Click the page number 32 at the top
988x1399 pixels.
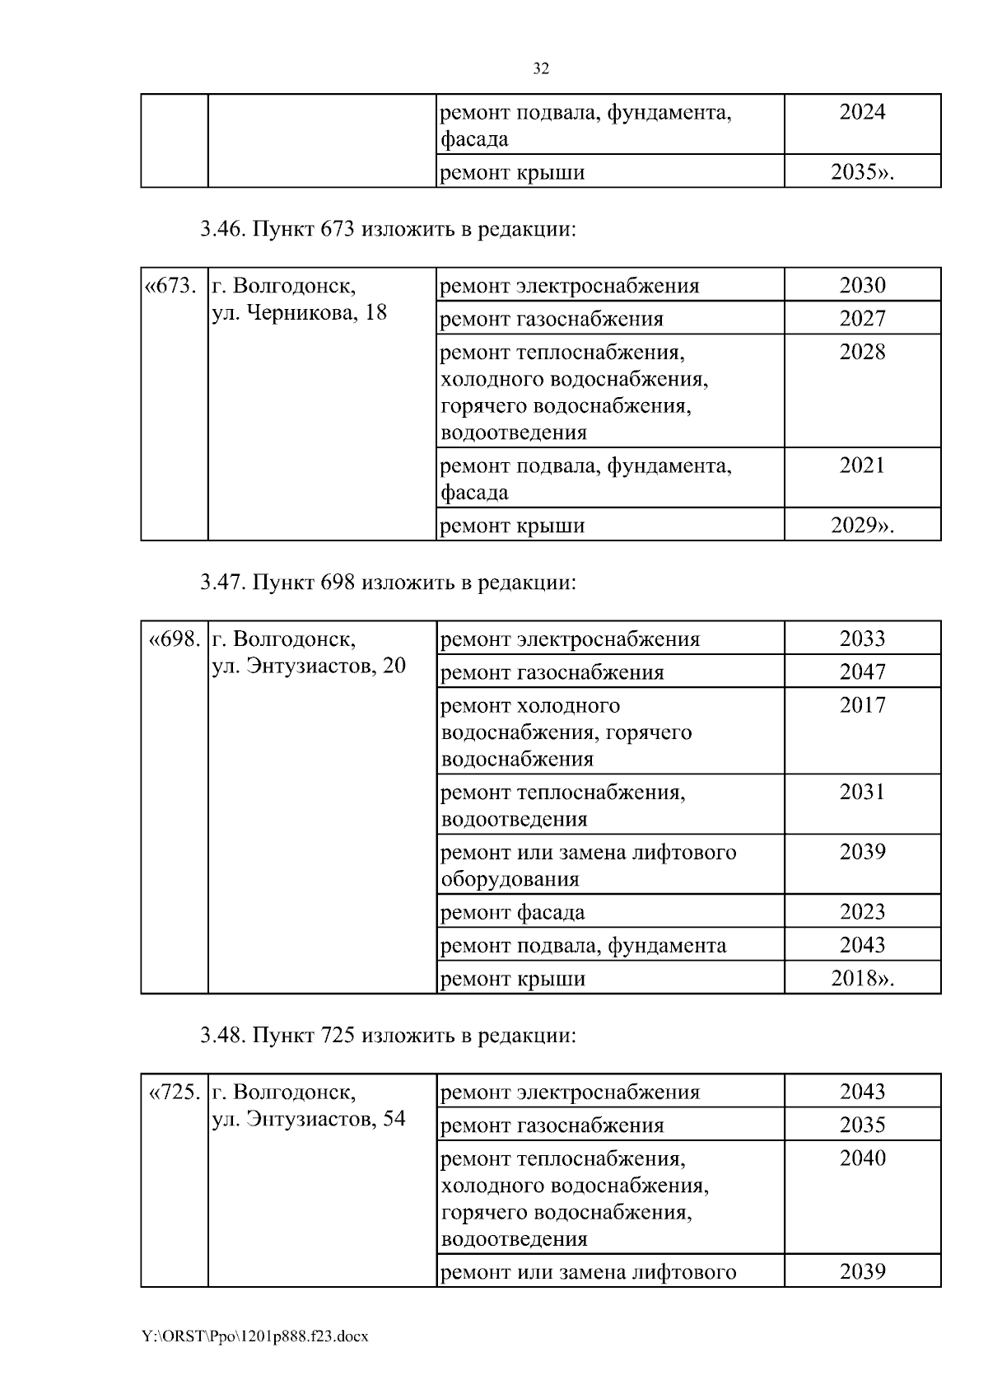(540, 69)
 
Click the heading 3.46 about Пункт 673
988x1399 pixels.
(388, 229)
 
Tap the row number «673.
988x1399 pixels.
(171, 287)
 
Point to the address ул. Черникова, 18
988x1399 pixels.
(300, 313)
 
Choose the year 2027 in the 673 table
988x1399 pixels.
(862, 319)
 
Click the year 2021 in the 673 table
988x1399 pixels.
(862, 466)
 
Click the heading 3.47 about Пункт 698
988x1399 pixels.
(388, 583)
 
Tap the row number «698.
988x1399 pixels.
(174, 639)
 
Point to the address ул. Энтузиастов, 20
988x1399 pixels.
(309, 666)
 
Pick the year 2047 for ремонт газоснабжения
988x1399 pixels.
(862, 672)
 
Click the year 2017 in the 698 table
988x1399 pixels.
(862, 705)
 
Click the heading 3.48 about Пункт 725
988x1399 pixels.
(388, 1035)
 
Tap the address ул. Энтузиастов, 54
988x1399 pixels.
(309, 1119)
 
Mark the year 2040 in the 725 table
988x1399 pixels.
(862, 1158)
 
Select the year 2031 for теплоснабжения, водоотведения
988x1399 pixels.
(862, 793)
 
